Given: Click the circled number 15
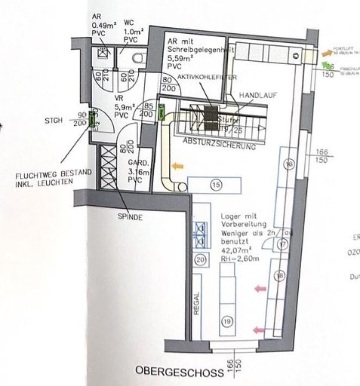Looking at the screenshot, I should coord(216,185).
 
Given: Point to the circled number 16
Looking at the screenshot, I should coord(287,164).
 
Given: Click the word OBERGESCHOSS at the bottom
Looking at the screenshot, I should coord(173,372).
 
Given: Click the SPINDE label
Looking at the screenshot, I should coord(130,216).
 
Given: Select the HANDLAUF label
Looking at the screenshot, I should coord(254,97).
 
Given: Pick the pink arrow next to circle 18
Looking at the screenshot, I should coord(260,287).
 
